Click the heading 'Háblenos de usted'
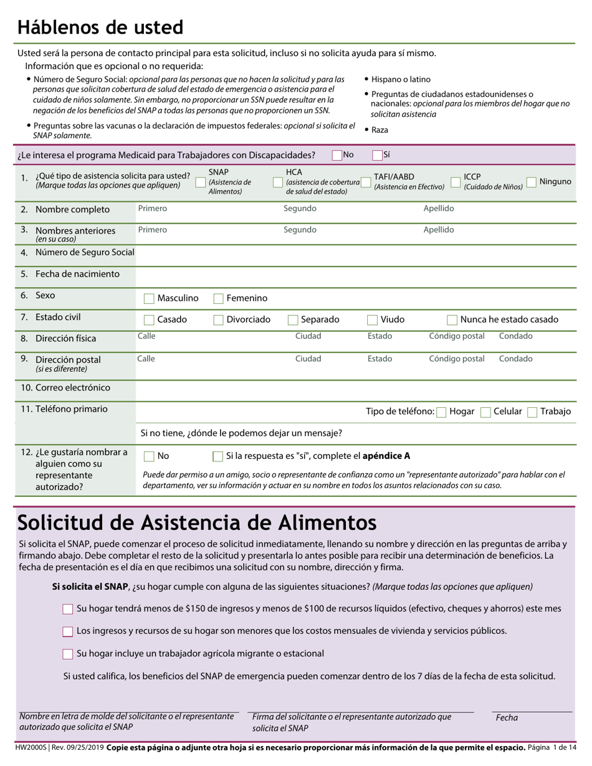[x=100, y=28]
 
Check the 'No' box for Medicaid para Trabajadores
[x=337, y=156]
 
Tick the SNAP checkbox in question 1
[x=201, y=182]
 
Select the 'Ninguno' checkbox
[x=532, y=182]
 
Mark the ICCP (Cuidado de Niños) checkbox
[x=456, y=182]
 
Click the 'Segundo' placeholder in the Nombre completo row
[x=300, y=209]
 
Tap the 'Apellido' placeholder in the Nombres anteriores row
[x=439, y=230]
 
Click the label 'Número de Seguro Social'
[x=85, y=253]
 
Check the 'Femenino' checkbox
[x=219, y=299]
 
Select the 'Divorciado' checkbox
[x=219, y=320]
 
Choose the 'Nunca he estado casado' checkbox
[x=453, y=320]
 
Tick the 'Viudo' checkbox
[x=373, y=320]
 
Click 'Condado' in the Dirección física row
[x=515, y=336]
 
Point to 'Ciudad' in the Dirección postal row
[x=308, y=359]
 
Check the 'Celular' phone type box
[x=486, y=412]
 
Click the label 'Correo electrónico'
[x=73, y=388]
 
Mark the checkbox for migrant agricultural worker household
[x=68, y=654]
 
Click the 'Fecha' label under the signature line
[x=507, y=717]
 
